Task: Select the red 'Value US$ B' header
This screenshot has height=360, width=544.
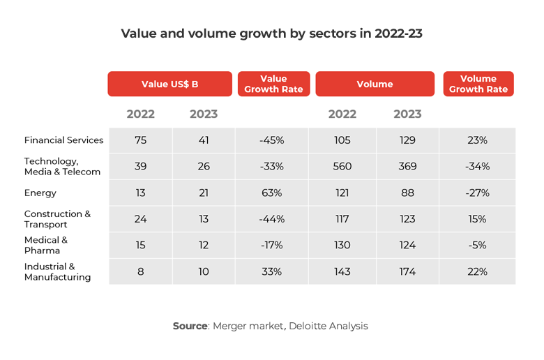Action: (169, 84)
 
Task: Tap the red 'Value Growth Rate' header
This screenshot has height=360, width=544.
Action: (273, 84)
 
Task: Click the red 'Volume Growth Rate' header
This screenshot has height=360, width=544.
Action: (478, 84)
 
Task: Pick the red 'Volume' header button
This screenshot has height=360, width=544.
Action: (375, 84)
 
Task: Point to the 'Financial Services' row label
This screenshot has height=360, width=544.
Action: (63, 140)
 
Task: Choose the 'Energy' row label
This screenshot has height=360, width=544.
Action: (40, 193)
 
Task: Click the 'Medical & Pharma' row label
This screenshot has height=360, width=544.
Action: (46, 245)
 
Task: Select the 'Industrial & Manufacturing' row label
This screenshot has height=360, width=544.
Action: (57, 271)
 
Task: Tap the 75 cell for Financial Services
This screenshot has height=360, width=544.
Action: (140, 140)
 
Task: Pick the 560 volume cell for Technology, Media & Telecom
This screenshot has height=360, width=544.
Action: (342, 166)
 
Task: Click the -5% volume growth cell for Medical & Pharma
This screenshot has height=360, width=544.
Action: (478, 245)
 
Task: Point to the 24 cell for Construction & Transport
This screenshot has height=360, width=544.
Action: (140, 219)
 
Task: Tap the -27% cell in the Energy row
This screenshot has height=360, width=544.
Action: (478, 193)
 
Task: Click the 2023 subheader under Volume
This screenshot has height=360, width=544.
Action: (407, 114)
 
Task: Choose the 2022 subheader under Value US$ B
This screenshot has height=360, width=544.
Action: (140, 114)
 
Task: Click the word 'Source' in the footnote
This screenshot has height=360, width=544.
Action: (190, 326)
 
